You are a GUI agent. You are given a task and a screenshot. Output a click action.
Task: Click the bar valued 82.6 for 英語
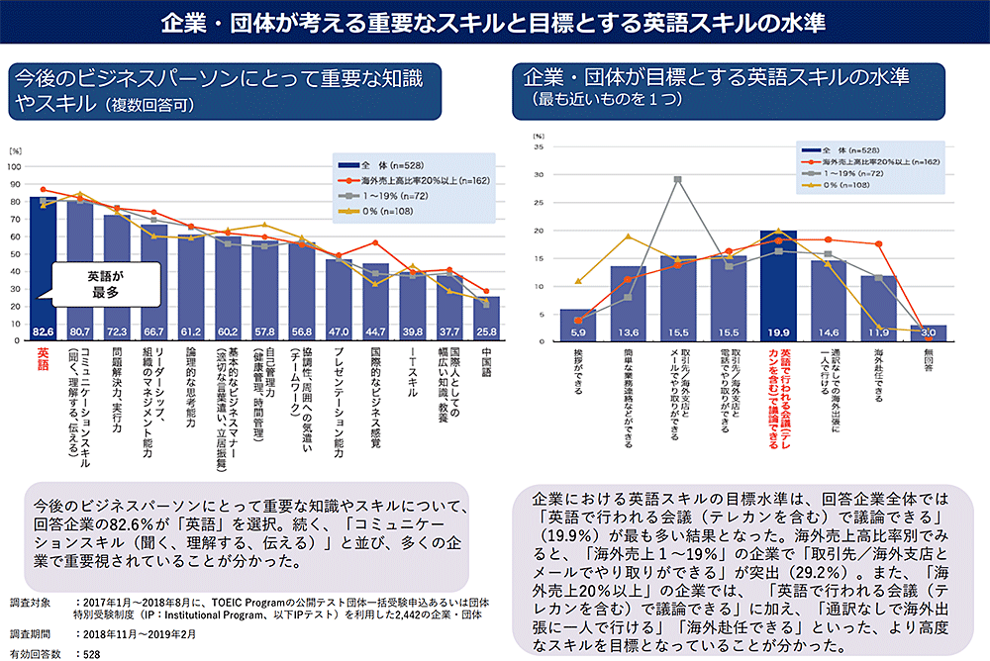44,267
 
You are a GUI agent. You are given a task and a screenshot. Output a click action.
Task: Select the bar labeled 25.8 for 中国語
486,318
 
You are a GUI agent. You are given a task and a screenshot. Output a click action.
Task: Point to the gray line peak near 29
677,179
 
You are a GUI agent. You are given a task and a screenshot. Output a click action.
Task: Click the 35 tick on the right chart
540,146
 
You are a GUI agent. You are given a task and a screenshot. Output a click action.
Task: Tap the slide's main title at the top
495,22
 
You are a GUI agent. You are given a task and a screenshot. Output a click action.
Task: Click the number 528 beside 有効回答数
90,653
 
